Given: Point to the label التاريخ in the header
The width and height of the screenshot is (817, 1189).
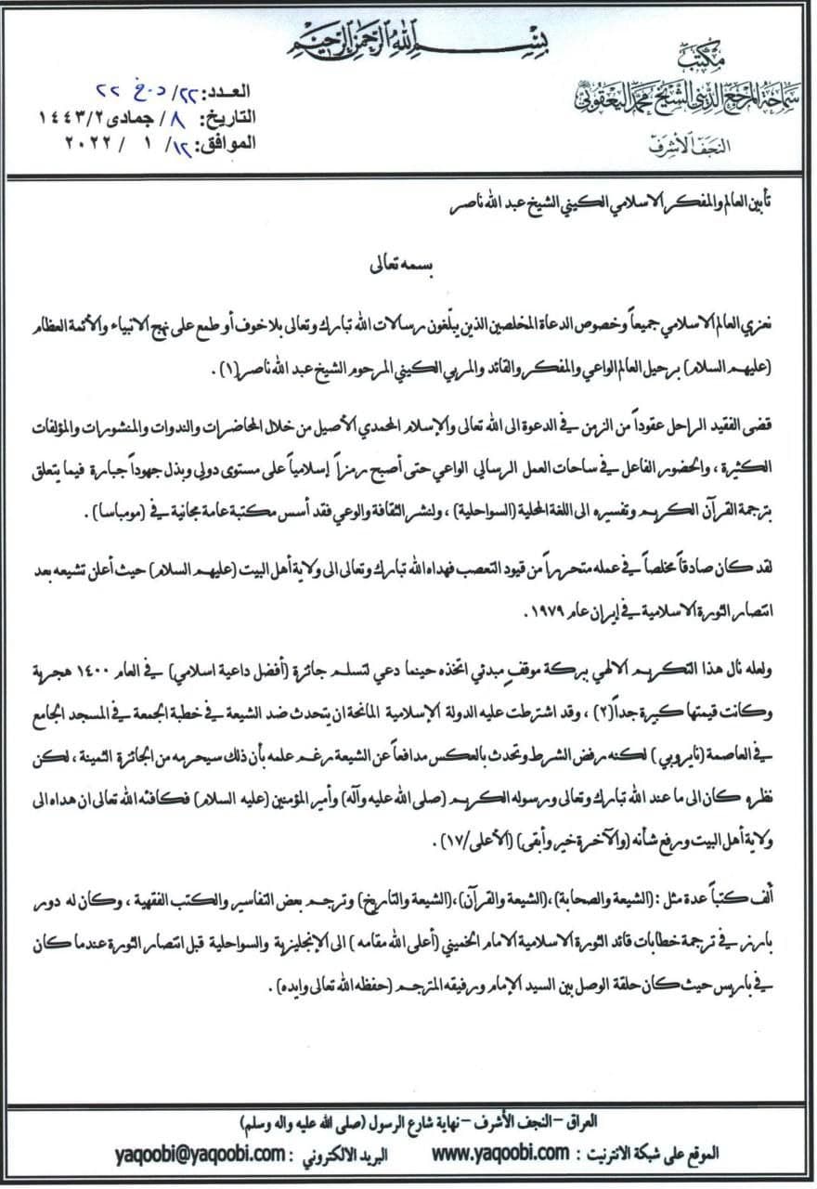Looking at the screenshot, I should (222, 118).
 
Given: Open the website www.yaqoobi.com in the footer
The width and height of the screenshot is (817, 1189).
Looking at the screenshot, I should (502, 1153).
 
